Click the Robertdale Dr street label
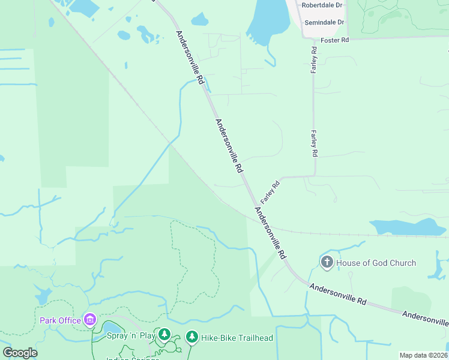coord(322,5)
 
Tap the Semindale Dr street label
coord(324,22)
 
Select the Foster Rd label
coord(335,40)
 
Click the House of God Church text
coord(376,263)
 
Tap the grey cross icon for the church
coord(327,262)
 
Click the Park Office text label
coord(60,320)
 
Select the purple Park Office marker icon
coord(90,319)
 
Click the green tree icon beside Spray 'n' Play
coord(164,334)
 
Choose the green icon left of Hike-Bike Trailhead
coord(191,337)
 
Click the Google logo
coord(20,353)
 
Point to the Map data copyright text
coord(423,355)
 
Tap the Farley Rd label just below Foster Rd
coord(313,60)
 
